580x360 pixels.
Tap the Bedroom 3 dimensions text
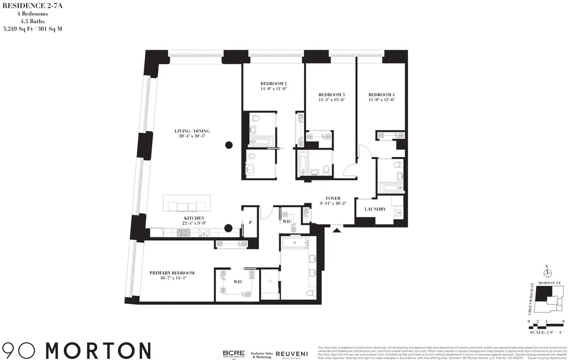click(331, 100)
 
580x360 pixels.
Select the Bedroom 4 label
click(381, 94)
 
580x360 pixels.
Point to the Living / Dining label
click(192, 131)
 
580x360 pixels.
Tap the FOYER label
click(333, 198)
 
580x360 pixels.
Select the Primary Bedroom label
click(172, 273)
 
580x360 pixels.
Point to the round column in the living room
click(229, 144)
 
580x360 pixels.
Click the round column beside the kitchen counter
click(229, 229)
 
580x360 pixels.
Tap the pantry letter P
click(251, 223)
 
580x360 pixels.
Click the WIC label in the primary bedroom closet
click(238, 281)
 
